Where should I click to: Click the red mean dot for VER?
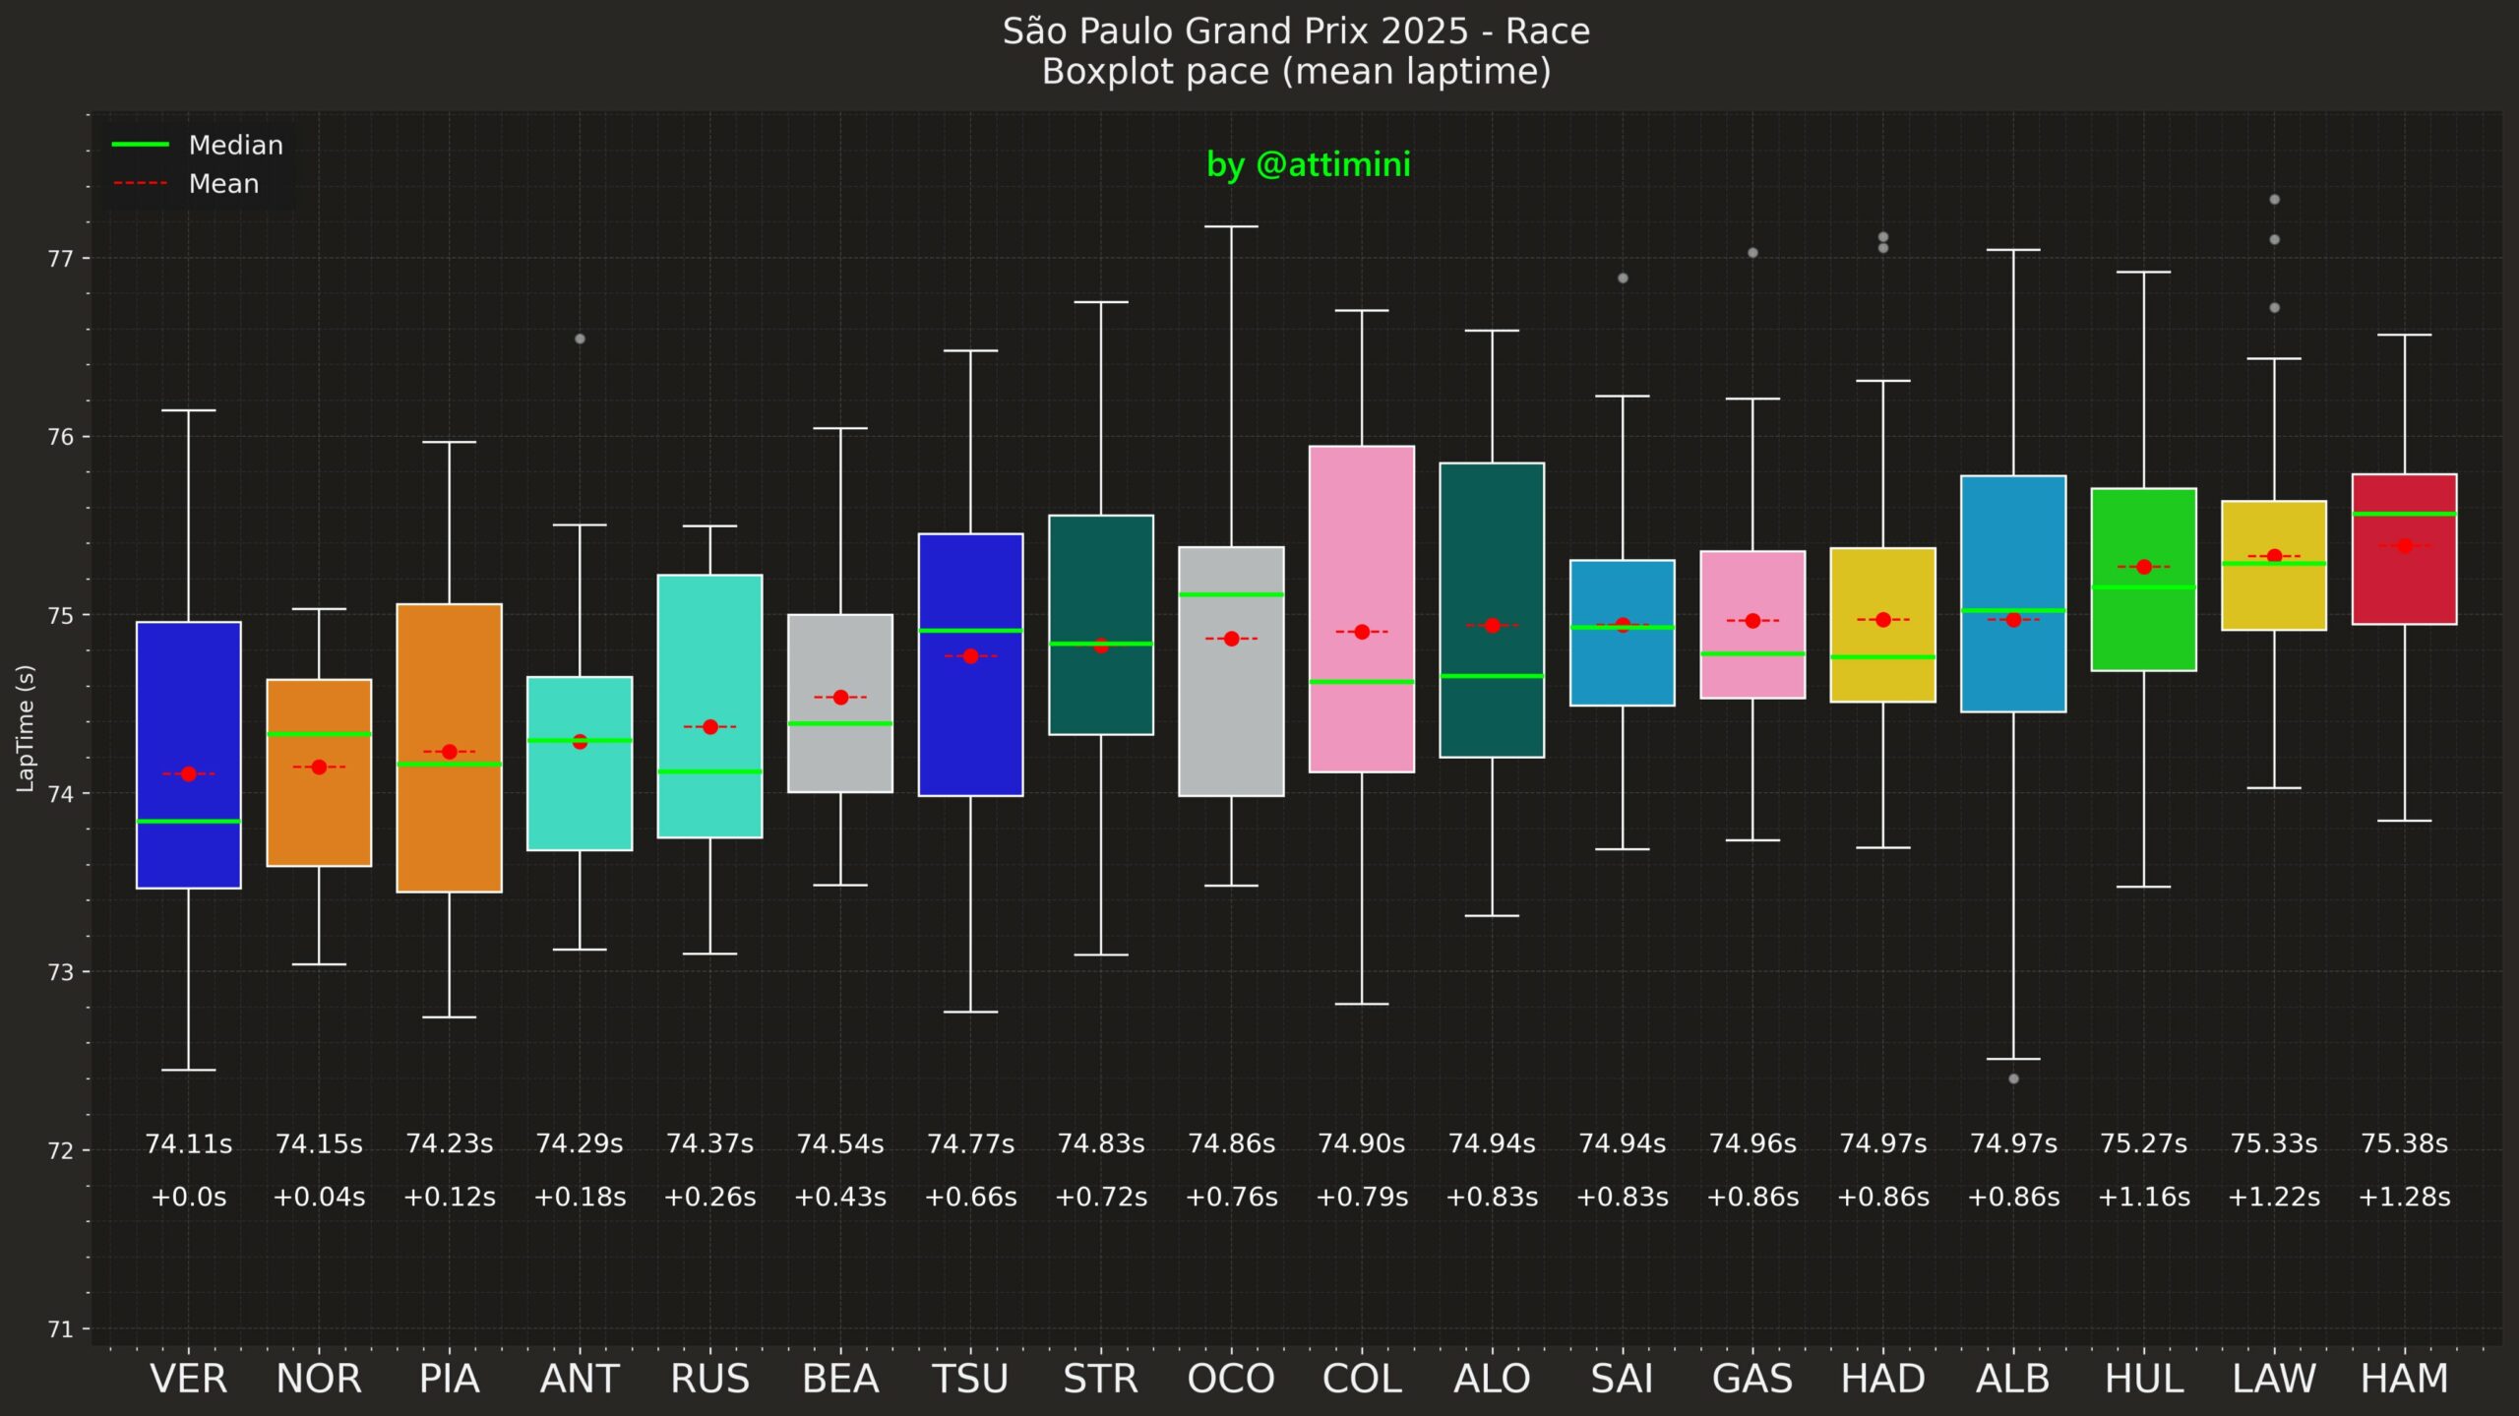(x=188, y=774)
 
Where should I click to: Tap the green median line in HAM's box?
(x=2404, y=514)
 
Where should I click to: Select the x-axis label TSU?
(x=970, y=1379)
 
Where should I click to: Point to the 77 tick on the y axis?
(x=61, y=259)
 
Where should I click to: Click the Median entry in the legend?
(x=235, y=146)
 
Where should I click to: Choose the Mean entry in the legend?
(x=223, y=184)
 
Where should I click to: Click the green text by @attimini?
(x=1308, y=164)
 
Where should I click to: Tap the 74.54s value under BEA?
(x=839, y=1144)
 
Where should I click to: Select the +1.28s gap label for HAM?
(x=2404, y=1198)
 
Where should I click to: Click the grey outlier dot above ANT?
(x=580, y=339)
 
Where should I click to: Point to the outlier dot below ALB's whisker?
(x=2013, y=1078)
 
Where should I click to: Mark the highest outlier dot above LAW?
(x=2274, y=200)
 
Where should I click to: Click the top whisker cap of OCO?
(x=1231, y=226)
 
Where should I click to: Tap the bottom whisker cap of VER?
(x=188, y=1070)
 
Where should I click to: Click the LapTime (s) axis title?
(x=26, y=728)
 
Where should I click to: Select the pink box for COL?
(x=1361, y=551)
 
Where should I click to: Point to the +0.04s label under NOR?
(x=319, y=1198)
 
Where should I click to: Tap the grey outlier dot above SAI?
(x=1623, y=278)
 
